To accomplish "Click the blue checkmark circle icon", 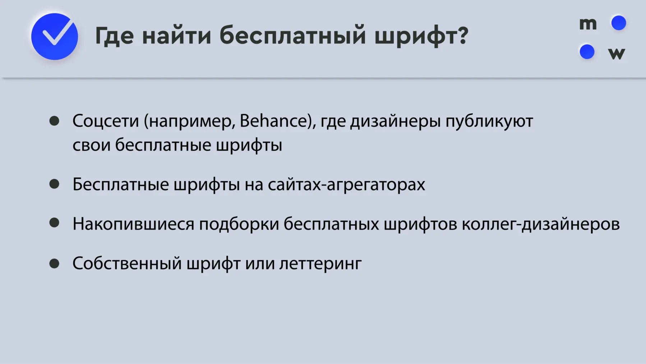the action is click(55, 36).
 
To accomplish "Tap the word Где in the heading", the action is click(115, 36).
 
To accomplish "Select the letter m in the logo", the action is click(588, 24).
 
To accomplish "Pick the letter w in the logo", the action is click(617, 54).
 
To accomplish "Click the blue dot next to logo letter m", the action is click(619, 23).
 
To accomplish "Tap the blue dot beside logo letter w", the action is click(587, 52).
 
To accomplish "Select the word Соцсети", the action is click(106, 121).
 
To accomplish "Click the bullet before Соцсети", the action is click(54, 121).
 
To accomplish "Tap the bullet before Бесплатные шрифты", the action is click(54, 184).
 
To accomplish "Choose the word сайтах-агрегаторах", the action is click(346, 185).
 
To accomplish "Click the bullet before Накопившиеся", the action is click(54, 223).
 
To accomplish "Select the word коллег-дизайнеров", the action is click(541, 224).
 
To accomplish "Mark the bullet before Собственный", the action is click(54, 264).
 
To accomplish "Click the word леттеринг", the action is click(320, 264).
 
